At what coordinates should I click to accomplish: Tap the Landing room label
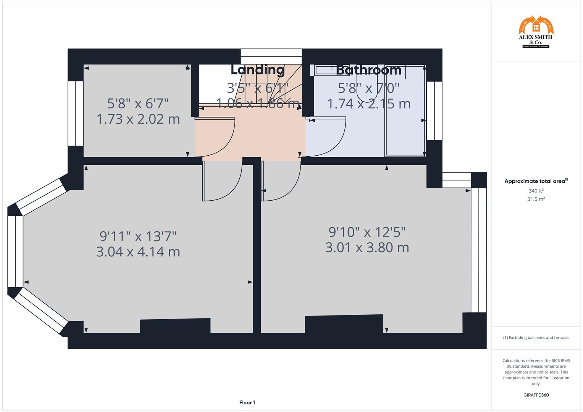click(258, 70)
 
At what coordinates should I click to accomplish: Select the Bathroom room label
click(368, 70)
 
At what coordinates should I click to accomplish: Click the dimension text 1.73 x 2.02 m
click(138, 119)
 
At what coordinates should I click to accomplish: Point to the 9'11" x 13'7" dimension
click(138, 236)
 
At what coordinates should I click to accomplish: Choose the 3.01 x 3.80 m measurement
click(367, 248)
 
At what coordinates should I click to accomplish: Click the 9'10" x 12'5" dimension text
click(367, 232)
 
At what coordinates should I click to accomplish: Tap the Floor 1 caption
click(247, 402)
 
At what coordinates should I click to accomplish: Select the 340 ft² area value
click(536, 191)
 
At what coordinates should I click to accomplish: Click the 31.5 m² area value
click(536, 199)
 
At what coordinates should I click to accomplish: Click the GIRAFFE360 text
click(536, 395)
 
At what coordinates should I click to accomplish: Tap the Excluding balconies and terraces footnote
click(536, 338)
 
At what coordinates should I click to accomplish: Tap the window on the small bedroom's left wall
click(76, 113)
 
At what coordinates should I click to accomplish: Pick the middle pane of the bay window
click(15, 251)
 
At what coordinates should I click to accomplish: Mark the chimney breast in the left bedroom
click(175, 326)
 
